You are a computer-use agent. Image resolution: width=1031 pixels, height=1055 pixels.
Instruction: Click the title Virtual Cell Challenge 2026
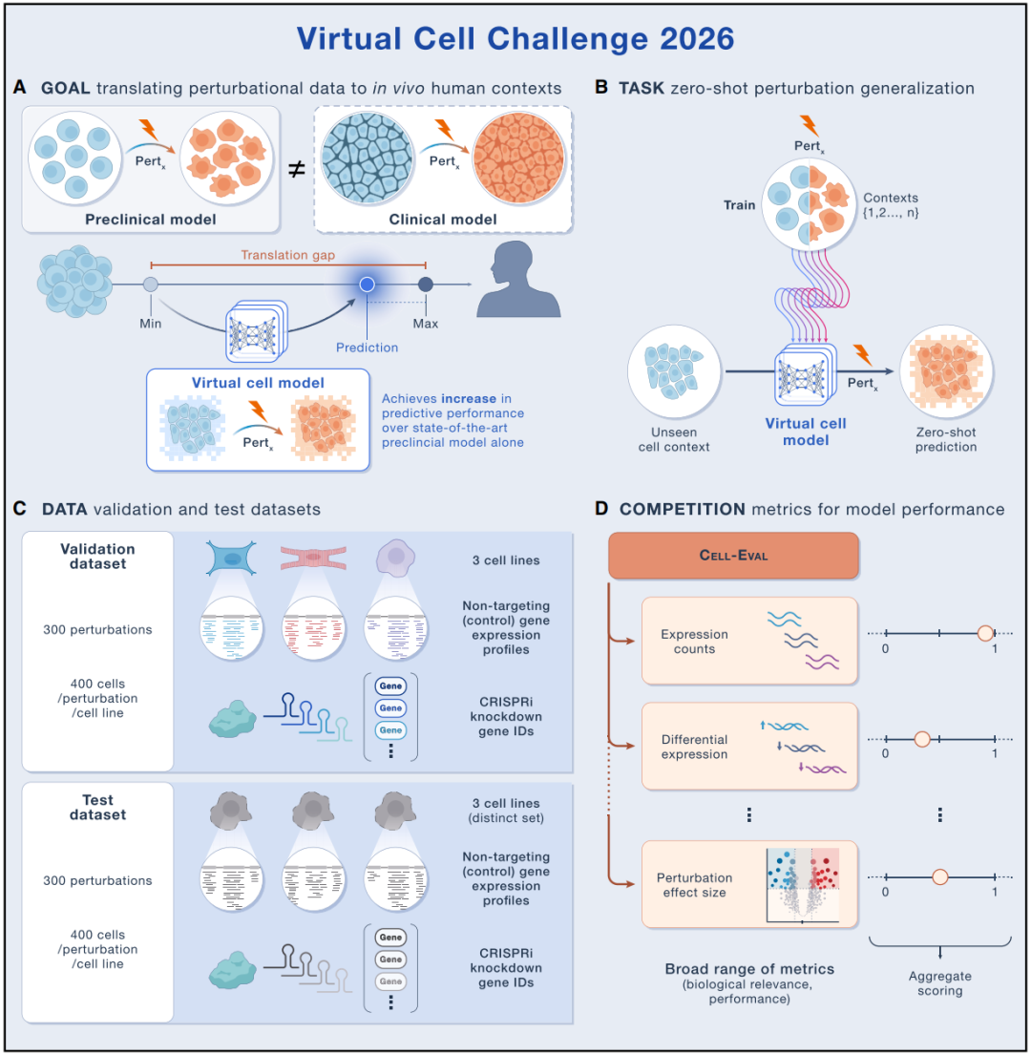point(515,39)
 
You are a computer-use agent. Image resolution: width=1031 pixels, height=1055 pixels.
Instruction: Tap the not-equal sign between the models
point(297,168)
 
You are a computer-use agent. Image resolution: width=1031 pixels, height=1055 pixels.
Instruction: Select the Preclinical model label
point(151,220)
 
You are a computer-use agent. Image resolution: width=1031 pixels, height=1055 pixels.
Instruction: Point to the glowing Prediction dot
point(367,285)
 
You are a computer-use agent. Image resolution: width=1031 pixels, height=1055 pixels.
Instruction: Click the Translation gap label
point(288,255)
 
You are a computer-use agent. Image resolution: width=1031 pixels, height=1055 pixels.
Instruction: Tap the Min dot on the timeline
point(151,285)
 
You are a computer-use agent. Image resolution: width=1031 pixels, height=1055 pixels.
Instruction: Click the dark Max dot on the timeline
point(426,285)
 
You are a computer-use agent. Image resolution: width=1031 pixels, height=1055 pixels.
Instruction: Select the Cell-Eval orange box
point(733,555)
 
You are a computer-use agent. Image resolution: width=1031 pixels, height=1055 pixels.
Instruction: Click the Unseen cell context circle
point(674,371)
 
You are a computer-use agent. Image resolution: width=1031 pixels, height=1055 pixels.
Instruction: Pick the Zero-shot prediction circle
point(946,371)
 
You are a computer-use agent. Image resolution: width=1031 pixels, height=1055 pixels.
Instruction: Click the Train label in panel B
point(739,205)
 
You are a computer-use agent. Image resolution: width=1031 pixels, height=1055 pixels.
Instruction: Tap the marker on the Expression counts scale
point(985,633)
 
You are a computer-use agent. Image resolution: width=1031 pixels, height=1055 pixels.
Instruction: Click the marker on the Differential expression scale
point(922,739)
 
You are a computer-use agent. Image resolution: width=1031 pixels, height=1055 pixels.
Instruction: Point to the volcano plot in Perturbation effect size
point(803,885)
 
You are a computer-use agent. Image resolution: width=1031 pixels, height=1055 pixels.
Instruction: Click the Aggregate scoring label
point(940,983)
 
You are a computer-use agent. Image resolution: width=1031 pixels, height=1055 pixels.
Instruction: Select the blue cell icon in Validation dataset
point(231,559)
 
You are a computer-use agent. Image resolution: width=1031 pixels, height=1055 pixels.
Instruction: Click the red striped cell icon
point(313,558)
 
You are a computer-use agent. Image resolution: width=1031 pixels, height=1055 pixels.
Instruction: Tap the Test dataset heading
point(97,808)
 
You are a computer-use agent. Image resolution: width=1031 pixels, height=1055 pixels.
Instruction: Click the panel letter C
point(19,509)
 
